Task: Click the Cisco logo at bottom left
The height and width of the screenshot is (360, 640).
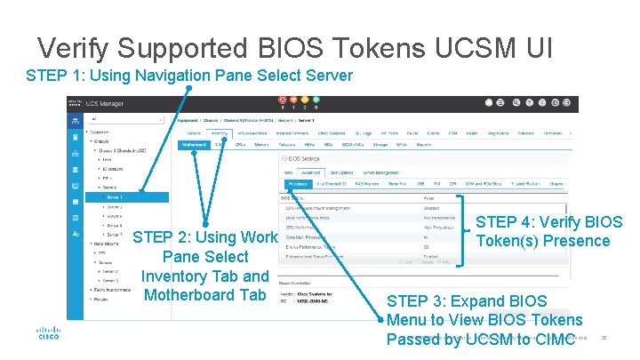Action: (x=48, y=334)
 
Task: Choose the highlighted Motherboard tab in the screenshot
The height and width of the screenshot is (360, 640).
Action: (x=193, y=143)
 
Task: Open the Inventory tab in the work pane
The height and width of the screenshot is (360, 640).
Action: (x=219, y=133)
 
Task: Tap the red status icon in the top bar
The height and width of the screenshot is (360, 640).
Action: (x=283, y=100)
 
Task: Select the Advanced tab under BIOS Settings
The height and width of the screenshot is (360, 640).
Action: (x=310, y=172)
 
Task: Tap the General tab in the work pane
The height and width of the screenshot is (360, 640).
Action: (x=193, y=133)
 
